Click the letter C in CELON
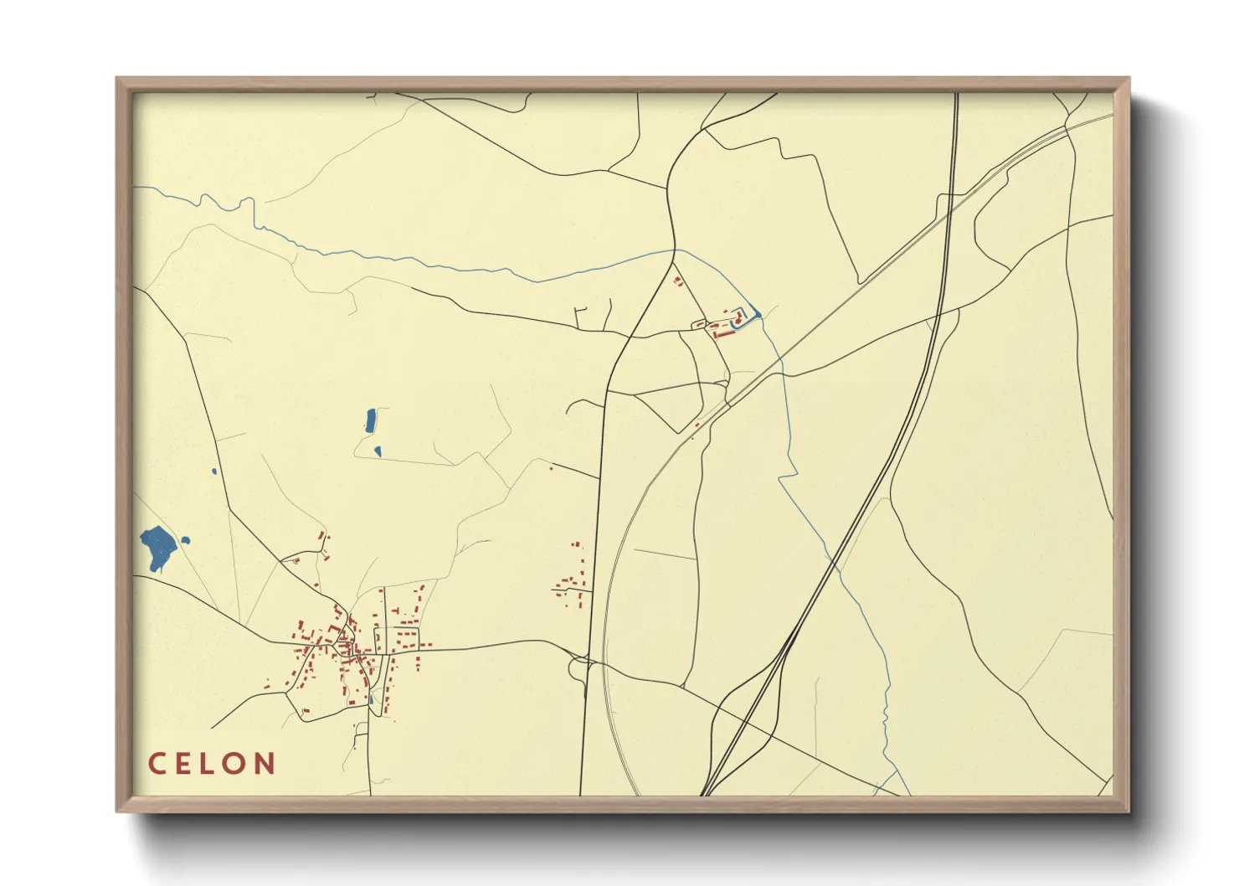click(157, 764)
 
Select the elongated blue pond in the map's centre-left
click(370, 420)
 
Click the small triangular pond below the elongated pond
click(378, 451)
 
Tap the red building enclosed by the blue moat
click(739, 318)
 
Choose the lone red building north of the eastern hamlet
click(551, 468)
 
